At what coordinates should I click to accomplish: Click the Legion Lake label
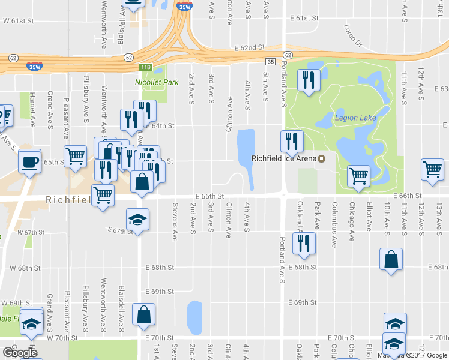[355, 118]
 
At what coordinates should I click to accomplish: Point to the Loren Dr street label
[354, 35]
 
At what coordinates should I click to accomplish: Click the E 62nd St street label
[250, 47]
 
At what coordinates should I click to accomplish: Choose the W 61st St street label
[16, 21]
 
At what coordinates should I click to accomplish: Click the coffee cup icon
[30, 161]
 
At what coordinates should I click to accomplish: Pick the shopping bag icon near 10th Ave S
[391, 259]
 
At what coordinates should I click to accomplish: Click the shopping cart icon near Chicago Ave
[358, 176]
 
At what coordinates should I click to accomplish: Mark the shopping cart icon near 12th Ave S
[432, 169]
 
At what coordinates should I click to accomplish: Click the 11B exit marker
[145, 67]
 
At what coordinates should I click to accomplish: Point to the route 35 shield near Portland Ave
[271, 62]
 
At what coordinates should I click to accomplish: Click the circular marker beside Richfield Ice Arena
[321, 159]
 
